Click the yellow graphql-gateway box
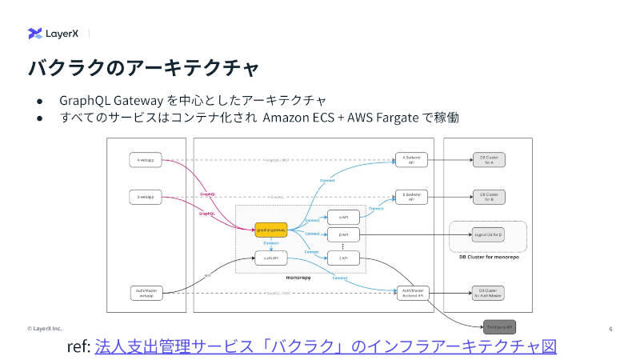(x=271, y=230)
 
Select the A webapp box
(x=146, y=161)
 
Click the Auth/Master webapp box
(x=146, y=293)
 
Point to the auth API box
(x=270, y=258)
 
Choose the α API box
(x=343, y=216)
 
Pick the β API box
(x=343, y=234)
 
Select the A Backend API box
(x=412, y=160)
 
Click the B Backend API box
(x=412, y=197)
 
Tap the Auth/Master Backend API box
(x=414, y=293)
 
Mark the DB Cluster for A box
(x=489, y=160)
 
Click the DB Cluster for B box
(x=489, y=196)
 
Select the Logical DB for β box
(x=488, y=235)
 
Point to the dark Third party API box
(x=499, y=326)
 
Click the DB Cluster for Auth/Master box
(x=489, y=293)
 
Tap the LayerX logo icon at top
(x=35, y=34)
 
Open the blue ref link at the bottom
(x=325, y=346)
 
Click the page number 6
(x=610, y=329)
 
